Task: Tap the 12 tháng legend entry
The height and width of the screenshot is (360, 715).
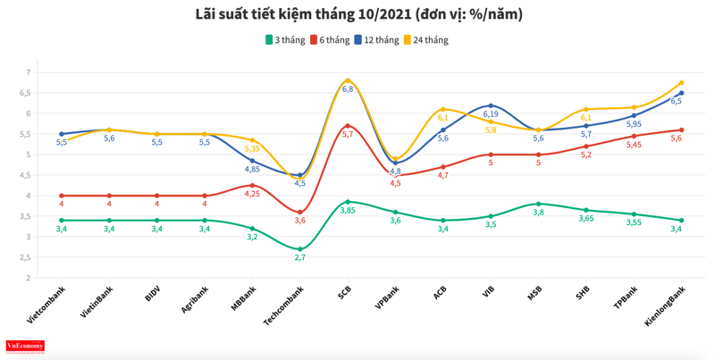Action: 376,40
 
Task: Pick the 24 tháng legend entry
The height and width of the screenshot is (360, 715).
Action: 425,40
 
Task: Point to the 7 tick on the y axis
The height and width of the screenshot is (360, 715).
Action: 29,72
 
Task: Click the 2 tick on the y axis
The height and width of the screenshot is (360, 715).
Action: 29,278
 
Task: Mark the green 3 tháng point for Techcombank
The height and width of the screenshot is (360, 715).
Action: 299,249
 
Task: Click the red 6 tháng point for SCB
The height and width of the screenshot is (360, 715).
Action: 348,126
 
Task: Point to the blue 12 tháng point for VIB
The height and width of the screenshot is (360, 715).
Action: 491,105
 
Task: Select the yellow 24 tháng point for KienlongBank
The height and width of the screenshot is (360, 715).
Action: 682,83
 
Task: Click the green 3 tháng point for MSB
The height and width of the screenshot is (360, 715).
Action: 538,204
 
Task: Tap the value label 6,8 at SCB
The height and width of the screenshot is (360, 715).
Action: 348,89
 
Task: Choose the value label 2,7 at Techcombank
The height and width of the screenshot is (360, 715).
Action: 299,257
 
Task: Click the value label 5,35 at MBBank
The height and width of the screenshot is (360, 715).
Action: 252,148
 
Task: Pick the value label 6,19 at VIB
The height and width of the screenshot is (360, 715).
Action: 491,114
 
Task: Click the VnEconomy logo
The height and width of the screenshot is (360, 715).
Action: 25,346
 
